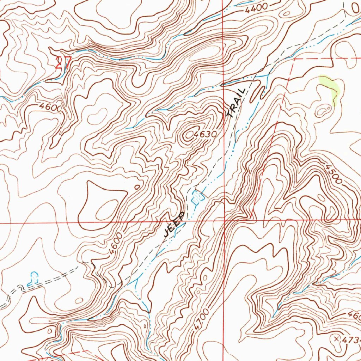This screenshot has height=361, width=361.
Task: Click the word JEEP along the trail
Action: pyautogui.click(x=174, y=224)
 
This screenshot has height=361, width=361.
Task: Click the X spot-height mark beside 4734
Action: pyautogui.click(x=336, y=338)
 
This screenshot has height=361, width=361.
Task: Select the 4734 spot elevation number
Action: pyautogui.click(x=351, y=339)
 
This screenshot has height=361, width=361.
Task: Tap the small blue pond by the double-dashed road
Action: pyautogui.click(x=34, y=277)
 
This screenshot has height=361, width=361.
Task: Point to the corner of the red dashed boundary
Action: pyautogui.click(x=293, y=59)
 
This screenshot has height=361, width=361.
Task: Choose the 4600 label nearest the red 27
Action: pyautogui.click(x=50, y=107)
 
